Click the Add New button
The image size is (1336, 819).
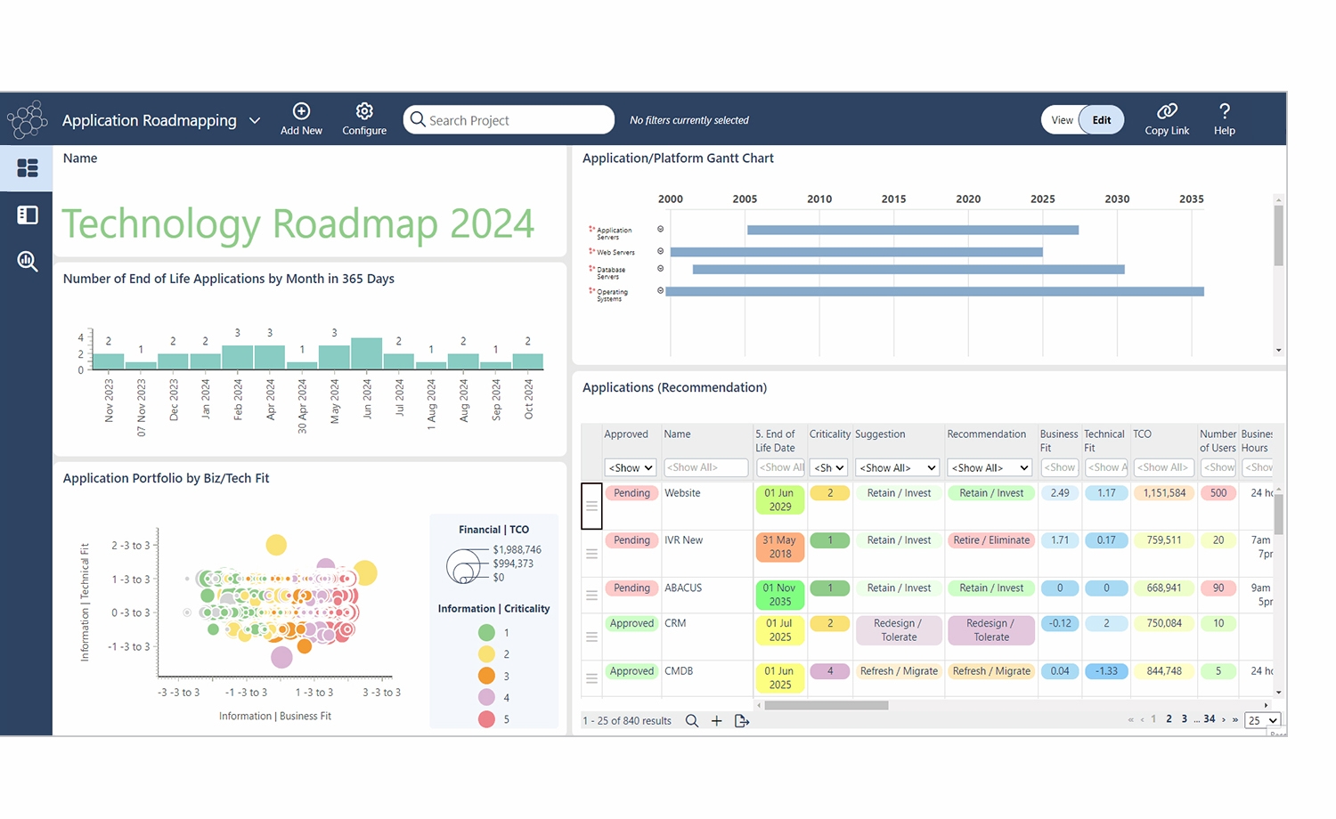[x=301, y=119]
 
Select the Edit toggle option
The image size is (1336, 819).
[x=1102, y=120]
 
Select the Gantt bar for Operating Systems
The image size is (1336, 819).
[x=934, y=291]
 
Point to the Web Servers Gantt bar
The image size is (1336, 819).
[x=856, y=252]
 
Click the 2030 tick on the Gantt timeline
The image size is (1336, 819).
[x=1117, y=199]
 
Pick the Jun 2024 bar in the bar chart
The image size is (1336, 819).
[x=367, y=353]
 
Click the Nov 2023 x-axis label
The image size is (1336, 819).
[x=110, y=401]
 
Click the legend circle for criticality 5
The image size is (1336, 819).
[x=486, y=719]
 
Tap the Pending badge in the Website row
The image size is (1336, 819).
[x=631, y=493]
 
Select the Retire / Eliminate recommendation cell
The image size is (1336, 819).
[x=990, y=540]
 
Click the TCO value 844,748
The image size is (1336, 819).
[x=1163, y=671]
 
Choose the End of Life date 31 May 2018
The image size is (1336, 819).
[x=779, y=547]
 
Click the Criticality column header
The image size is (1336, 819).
[x=829, y=434]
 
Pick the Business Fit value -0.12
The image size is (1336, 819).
[x=1059, y=623]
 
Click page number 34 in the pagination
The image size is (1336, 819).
[x=1209, y=719]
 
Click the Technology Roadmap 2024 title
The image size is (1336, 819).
[x=297, y=223]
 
